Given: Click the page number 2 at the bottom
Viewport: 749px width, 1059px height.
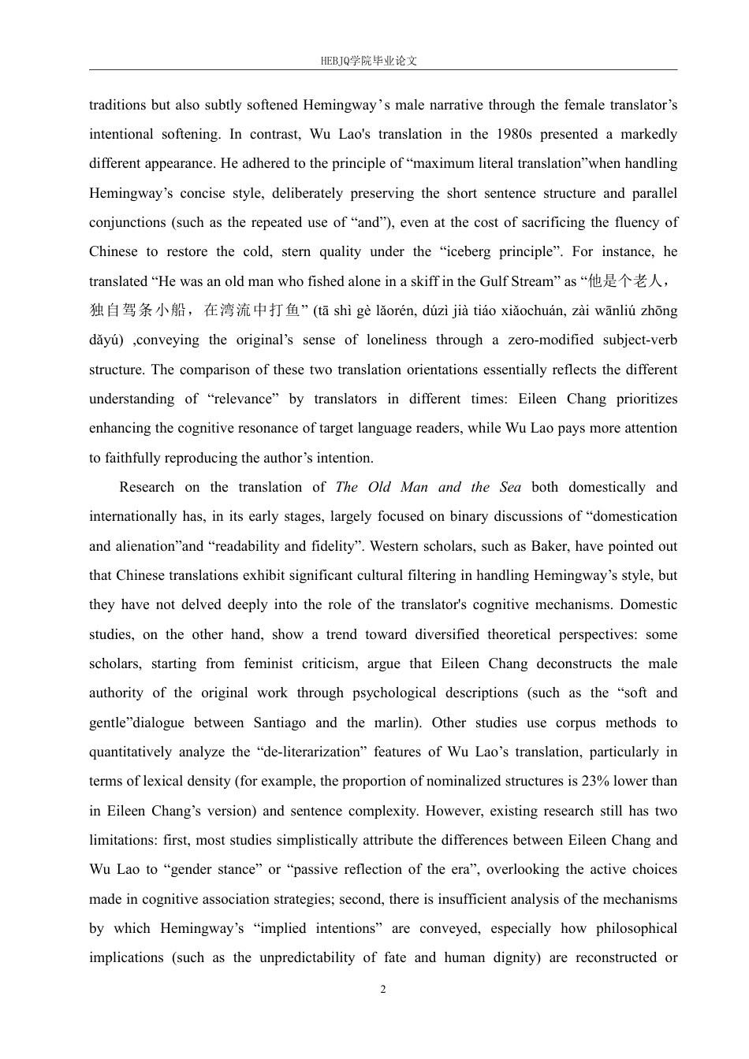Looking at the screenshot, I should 383,990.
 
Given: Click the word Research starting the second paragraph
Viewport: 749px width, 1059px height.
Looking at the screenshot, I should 147,487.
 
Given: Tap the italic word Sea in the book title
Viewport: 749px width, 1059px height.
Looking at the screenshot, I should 510,487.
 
